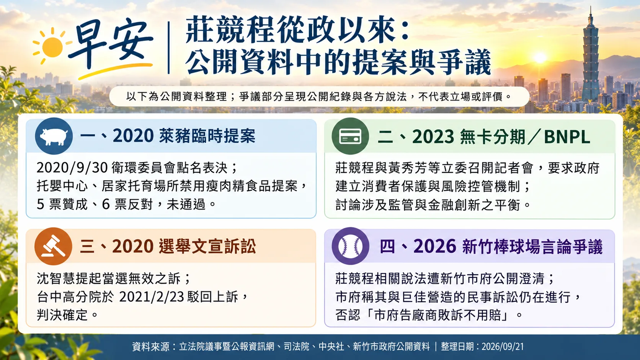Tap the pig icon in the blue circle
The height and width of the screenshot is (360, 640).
[x=54, y=136]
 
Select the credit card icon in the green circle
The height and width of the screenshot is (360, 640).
[x=350, y=136]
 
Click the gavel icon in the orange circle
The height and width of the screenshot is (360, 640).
[x=54, y=246]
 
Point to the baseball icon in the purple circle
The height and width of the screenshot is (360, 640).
[x=350, y=246]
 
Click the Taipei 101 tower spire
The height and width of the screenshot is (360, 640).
[x=590, y=14]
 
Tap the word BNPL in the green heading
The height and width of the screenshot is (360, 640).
[x=567, y=137]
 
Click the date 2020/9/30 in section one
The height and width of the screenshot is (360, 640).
[x=72, y=168]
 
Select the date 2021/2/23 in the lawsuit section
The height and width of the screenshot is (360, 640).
[x=152, y=297]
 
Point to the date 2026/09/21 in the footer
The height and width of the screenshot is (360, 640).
[x=503, y=347]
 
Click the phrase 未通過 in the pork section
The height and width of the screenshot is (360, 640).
[x=186, y=204]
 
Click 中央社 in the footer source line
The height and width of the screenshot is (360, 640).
[x=331, y=347]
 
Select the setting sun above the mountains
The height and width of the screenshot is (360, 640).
[x=540, y=58]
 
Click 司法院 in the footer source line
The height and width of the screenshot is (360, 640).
[x=296, y=347]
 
